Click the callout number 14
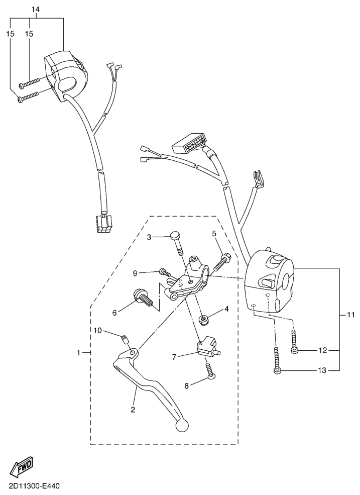[35, 10]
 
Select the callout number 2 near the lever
[133, 410]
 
